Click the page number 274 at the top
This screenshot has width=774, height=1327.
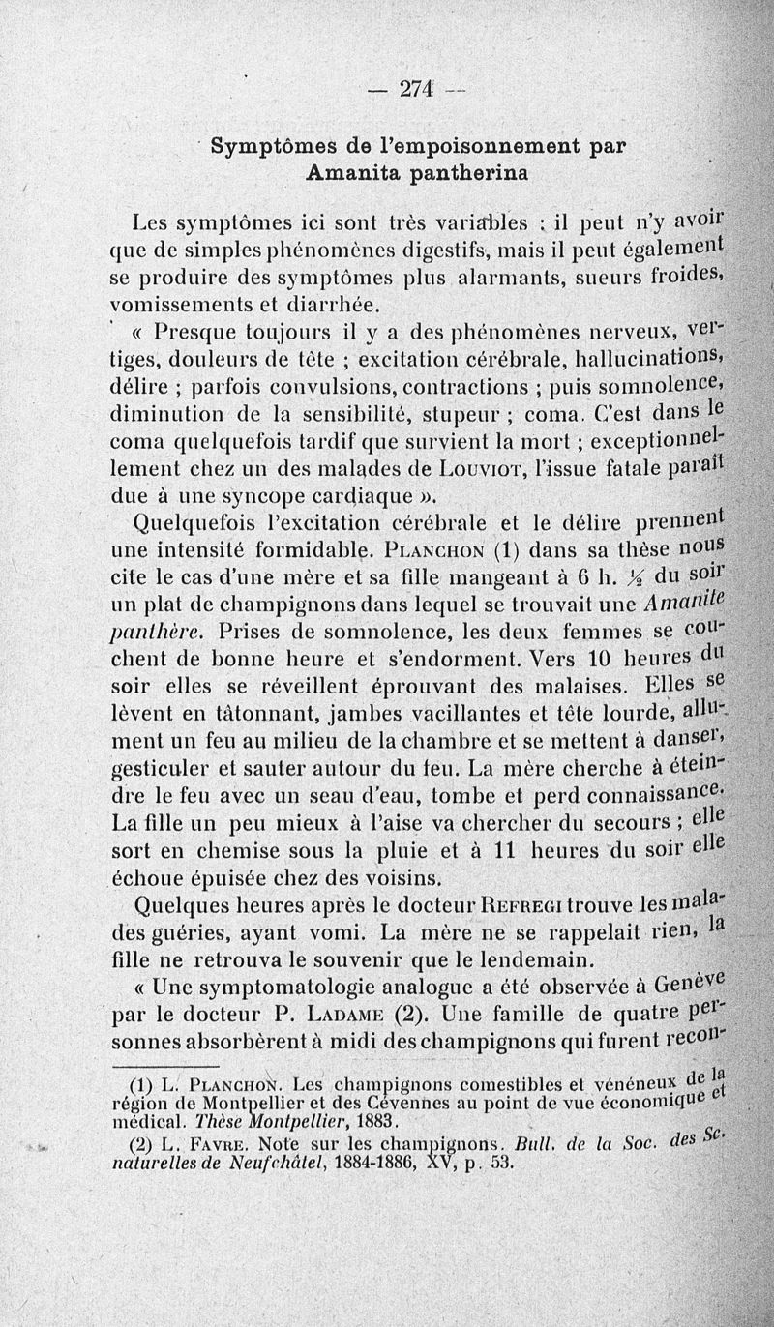coord(418,88)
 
